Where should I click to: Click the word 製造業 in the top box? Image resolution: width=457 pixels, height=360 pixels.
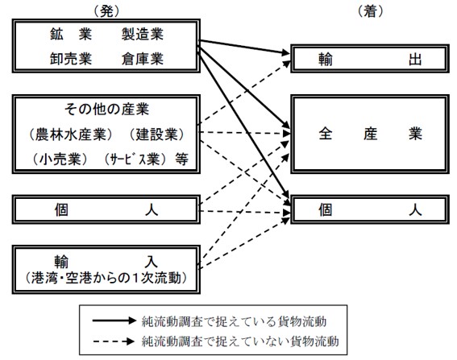click(x=143, y=35)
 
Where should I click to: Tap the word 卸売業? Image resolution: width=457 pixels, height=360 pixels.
click(x=71, y=59)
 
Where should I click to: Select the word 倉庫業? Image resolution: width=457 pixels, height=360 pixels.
click(x=143, y=59)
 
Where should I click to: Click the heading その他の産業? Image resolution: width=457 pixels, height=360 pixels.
click(x=106, y=110)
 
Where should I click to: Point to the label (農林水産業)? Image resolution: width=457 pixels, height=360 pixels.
click(x=71, y=134)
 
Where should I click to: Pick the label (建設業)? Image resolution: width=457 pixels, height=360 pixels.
click(x=157, y=134)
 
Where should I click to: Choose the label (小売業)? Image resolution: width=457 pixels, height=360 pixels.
click(x=60, y=159)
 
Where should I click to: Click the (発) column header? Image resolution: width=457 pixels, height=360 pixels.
click(x=106, y=11)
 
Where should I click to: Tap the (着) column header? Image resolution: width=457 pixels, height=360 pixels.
click(x=370, y=11)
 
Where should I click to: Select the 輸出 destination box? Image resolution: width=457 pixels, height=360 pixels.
click(x=370, y=59)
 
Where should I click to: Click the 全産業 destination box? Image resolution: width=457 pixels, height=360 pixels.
click(x=370, y=134)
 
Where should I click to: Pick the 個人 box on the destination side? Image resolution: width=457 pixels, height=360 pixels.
click(x=370, y=209)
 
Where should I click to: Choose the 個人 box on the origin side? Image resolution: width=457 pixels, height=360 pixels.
click(x=106, y=209)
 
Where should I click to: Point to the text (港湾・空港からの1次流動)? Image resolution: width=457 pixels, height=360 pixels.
click(x=106, y=278)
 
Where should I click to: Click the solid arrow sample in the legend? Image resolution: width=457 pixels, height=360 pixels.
click(x=114, y=321)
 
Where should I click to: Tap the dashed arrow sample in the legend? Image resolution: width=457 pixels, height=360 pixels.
click(x=114, y=341)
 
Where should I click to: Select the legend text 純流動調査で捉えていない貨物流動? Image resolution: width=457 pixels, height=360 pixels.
click(x=240, y=341)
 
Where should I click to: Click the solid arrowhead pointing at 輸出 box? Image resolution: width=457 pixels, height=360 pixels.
click(x=285, y=52)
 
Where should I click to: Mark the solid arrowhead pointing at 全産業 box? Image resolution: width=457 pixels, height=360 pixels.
click(x=285, y=124)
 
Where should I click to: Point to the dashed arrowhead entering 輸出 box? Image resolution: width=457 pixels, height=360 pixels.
click(x=286, y=64)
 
